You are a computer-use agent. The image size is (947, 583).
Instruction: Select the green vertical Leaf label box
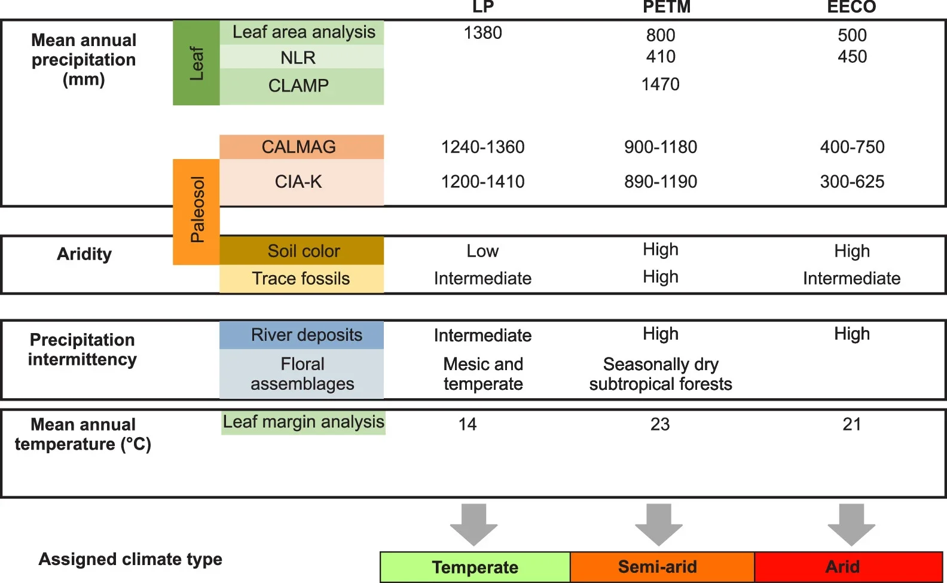(196, 63)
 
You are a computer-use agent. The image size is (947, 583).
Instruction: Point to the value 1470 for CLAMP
(660, 84)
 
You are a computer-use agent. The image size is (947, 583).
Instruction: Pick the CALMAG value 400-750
(852, 147)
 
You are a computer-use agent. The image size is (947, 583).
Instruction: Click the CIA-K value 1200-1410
(482, 182)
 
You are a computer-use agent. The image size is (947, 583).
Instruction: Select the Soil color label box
(301, 251)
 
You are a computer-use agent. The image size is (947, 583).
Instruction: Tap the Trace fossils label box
(301, 279)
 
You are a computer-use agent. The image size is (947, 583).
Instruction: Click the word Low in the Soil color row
(482, 251)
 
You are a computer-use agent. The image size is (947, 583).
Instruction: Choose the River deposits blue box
(301, 335)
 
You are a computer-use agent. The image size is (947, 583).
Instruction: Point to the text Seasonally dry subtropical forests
(660, 374)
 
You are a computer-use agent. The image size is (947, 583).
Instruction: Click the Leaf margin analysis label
(303, 422)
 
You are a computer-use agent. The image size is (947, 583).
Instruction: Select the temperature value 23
(659, 425)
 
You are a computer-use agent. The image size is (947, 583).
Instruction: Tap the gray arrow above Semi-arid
(658, 524)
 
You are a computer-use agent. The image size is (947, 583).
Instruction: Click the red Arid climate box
(848, 567)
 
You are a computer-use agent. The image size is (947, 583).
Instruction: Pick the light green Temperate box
(475, 567)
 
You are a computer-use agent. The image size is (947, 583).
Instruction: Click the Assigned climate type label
(130, 559)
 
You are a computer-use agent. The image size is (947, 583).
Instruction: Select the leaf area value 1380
(482, 33)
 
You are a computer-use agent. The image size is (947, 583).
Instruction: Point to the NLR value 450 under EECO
(852, 57)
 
